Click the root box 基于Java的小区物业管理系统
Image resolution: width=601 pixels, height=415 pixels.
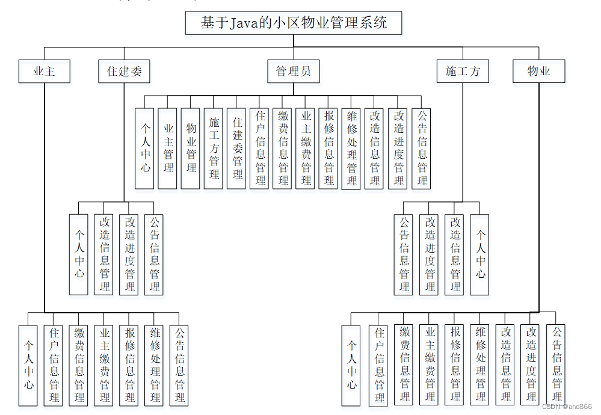(x=293, y=23)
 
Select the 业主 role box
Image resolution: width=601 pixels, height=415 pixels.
(x=44, y=72)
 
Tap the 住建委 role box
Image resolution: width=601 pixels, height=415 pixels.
(x=124, y=72)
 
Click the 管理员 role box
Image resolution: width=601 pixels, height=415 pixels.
(x=293, y=72)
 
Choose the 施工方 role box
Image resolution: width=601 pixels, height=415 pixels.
(x=463, y=72)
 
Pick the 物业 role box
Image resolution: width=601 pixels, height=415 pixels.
(x=538, y=72)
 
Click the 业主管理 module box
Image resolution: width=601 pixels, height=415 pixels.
(x=168, y=148)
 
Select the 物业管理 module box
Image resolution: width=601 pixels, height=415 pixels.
(x=191, y=148)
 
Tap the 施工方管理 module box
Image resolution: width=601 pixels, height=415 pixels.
(x=214, y=148)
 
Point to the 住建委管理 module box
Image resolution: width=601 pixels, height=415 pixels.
(x=237, y=148)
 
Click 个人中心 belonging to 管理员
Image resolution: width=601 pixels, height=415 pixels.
(x=144, y=148)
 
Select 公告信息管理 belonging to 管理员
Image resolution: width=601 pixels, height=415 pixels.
(x=422, y=148)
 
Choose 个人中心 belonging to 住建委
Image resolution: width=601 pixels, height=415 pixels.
(x=79, y=254)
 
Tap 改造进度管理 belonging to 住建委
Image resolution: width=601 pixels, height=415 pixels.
(x=129, y=254)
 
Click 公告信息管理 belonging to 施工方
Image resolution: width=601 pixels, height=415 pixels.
(x=404, y=254)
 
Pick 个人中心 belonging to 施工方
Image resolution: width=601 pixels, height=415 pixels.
(x=479, y=254)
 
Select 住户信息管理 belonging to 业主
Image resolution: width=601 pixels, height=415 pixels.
(x=54, y=365)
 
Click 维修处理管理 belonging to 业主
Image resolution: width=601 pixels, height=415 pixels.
(x=155, y=365)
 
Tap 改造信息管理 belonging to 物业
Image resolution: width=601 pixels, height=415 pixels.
(x=505, y=365)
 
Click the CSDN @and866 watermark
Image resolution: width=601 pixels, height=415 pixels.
(x=566, y=407)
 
